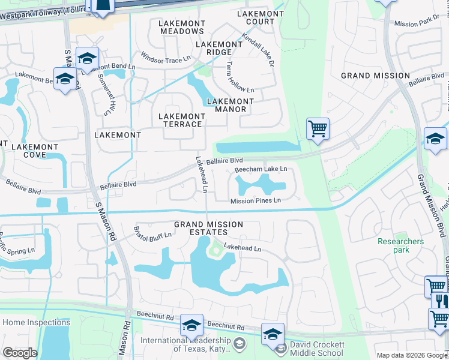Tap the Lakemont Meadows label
coord(181,27)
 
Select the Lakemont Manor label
coord(226,106)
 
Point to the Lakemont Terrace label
coord(180,120)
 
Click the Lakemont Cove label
coord(35,151)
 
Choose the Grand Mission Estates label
coord(208,229)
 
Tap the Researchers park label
coord(400,246)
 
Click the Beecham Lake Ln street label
coord(261,170)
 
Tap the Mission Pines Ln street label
coord(256,201)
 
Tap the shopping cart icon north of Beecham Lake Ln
coord(318,128)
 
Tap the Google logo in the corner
coord(20,353)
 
